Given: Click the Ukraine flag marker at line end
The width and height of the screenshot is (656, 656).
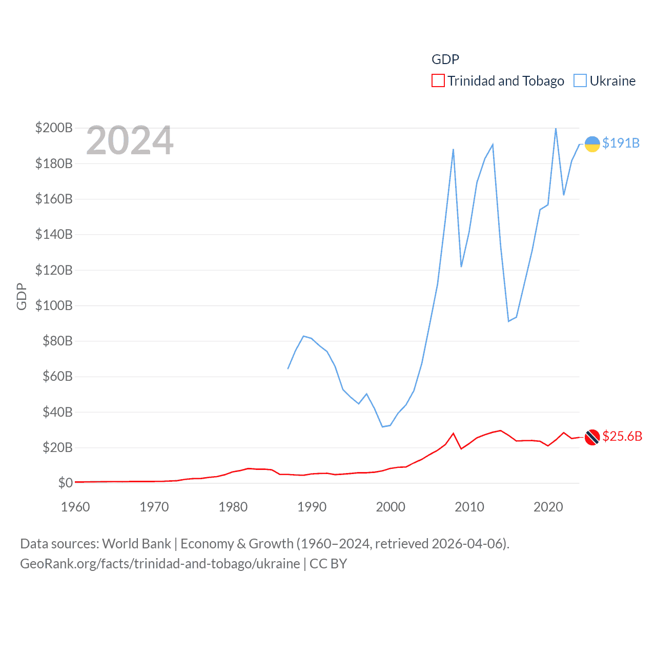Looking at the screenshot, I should point(592,144).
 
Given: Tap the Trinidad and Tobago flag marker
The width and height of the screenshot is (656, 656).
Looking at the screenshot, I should point(592,437).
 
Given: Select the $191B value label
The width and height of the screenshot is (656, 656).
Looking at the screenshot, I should point(621,143).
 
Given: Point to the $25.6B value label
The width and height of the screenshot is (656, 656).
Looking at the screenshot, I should point(622,436).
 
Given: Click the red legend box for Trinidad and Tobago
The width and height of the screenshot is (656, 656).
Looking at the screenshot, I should point(438,81).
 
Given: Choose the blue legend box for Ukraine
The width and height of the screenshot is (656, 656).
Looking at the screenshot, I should point(580,81).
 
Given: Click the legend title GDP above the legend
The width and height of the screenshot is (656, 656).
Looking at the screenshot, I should point(445,59).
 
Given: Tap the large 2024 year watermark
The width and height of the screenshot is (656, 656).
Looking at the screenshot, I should point(130,140).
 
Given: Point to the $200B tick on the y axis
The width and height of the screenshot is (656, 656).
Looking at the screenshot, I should point(54,128).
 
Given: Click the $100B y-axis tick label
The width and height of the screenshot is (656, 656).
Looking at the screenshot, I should point(54,305).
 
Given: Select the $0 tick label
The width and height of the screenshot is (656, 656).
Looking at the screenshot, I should point(65,483).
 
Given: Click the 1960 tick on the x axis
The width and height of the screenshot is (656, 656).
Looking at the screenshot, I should point(75,507).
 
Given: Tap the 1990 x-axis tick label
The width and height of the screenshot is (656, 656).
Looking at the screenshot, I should point(312,507).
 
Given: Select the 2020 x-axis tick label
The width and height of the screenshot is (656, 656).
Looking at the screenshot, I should point(548,507).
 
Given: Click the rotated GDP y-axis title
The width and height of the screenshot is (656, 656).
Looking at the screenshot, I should point(22,296).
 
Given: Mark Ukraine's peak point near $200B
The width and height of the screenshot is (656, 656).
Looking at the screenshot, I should point(556,128).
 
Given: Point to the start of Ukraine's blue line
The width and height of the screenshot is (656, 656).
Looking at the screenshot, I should point(288,368).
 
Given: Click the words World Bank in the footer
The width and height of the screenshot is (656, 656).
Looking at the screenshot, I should point(136,544).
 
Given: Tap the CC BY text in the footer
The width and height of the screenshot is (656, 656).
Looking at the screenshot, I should point(328,564).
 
